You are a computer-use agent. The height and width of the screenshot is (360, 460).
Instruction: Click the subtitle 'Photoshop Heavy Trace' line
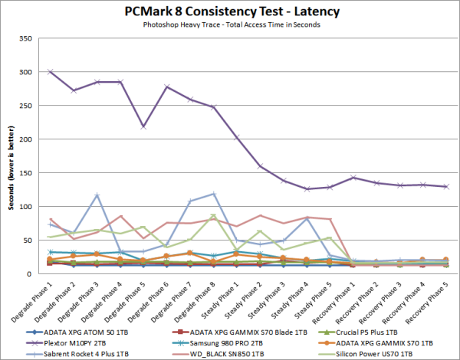click(229, 25)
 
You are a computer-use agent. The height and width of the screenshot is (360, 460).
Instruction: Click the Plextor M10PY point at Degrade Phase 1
click(51, 72)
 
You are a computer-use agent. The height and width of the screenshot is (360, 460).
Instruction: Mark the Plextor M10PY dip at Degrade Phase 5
click(143, 126)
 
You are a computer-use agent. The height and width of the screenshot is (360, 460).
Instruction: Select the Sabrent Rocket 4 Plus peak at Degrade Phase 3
click(97, 195)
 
